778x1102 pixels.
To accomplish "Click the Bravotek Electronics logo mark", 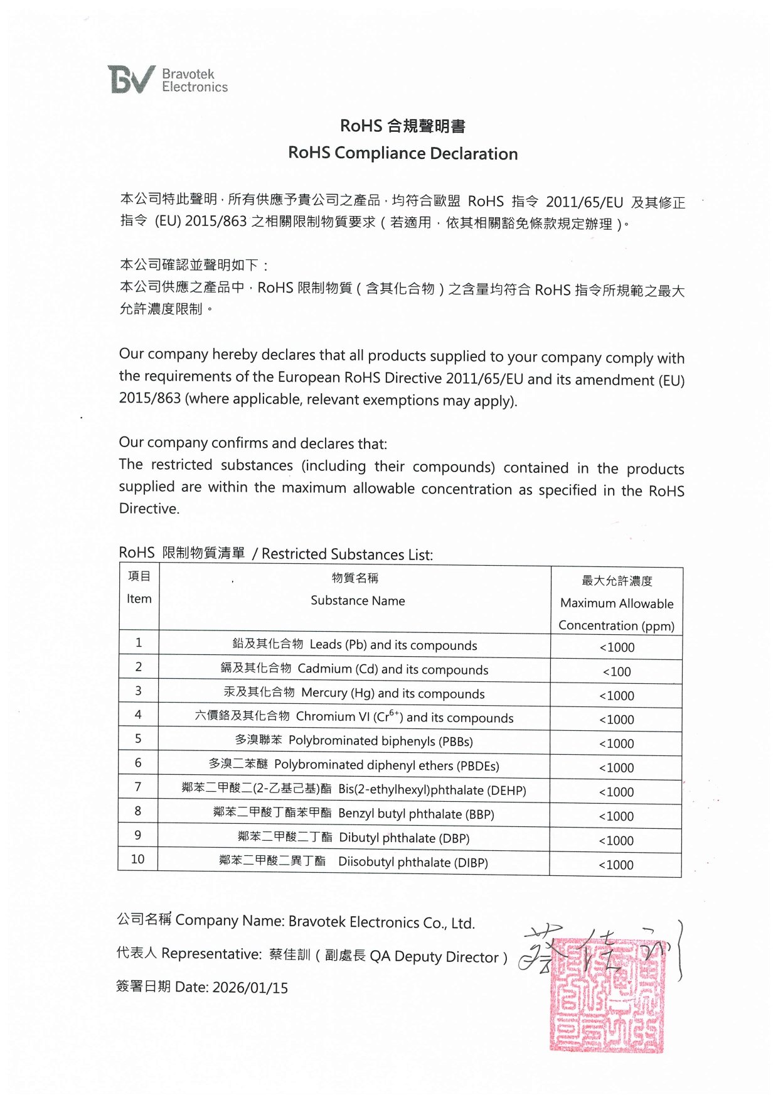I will coord(131,80).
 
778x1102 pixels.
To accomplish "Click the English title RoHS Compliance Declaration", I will coord(403,153).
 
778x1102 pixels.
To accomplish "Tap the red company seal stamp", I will coord(606,995).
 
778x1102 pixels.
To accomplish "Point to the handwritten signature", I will coord(599,950).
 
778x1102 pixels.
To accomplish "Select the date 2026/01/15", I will coord(250,988).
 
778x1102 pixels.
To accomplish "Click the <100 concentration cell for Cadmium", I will coord(617,672).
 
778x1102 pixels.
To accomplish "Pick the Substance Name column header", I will coord(357,600).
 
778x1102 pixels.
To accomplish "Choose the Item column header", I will coord(139,598).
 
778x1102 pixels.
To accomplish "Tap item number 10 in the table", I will coord(138,859).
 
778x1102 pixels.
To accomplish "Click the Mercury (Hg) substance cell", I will coord(354,693).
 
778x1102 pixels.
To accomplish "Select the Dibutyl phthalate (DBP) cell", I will coord(354,838).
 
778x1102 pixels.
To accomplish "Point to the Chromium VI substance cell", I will coord(354,717).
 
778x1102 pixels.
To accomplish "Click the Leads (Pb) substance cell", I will coord(354,645).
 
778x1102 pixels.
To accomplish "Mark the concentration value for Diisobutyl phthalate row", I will coord(616,865).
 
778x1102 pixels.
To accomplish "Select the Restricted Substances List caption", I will coord(346,554).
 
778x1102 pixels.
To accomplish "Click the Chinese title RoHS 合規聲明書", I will coord(403,126).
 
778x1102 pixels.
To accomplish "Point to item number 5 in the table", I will coord(138,739).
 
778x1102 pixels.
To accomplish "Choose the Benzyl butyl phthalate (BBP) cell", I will coord(354,814).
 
